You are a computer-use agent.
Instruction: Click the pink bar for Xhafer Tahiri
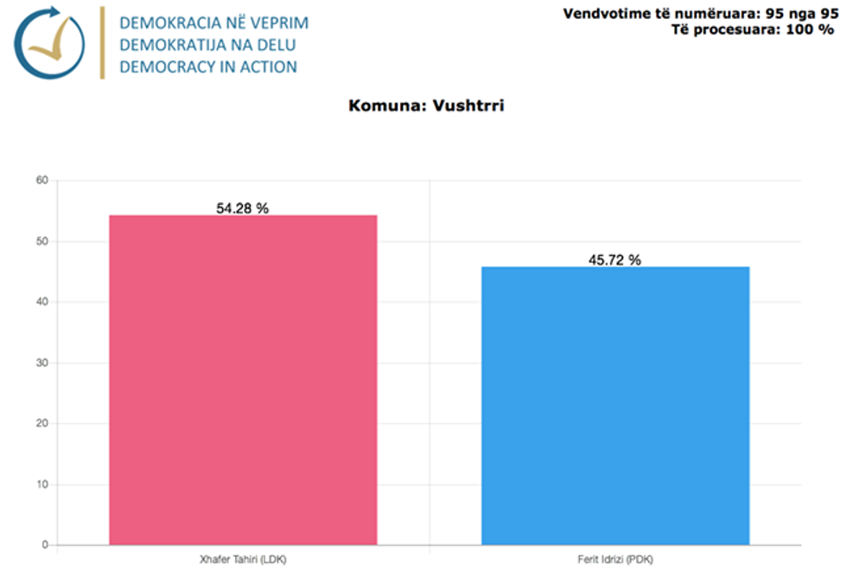[x=243, y=380]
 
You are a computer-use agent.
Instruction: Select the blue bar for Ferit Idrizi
[x=615, y=406]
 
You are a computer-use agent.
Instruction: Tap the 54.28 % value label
[x=243, y=208]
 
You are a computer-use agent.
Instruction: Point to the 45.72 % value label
[x=615, y=260]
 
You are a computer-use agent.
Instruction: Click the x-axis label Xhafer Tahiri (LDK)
[x=243, y=560]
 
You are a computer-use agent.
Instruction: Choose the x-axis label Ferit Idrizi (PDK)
[x=615, y=560]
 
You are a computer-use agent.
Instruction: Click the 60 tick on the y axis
[x=41, y=181]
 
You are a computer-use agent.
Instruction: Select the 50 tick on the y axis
[x=41, y=241]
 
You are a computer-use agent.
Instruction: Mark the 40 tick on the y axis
[x=41, y=302]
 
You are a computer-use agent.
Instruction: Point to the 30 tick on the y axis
[x=41, y=363]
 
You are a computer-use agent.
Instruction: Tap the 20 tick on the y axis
[x=41, y=424]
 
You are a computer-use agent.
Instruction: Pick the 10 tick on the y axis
[x=41, y=484]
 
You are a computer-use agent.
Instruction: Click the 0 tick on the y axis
[x=43, y=546]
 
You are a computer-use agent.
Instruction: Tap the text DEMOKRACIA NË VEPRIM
[x=214, y=22]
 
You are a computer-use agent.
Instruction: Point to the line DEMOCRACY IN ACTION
[x=208, y=67]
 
